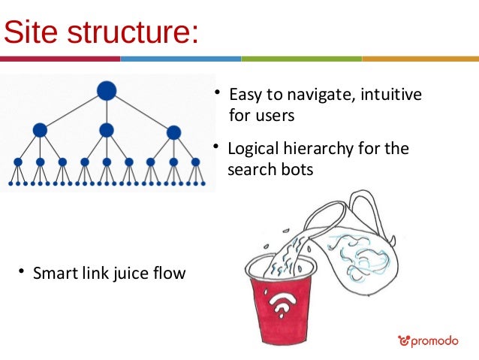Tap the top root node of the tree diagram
click(107, 90)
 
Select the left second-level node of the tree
click(40, 130)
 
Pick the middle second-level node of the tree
click(107, 130)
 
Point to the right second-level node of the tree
click(173, 132)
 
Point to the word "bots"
click(297, 170)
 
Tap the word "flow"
click(170, 273)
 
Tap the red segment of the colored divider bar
click(60, 59)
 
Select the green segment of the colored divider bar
click(300, 59)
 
